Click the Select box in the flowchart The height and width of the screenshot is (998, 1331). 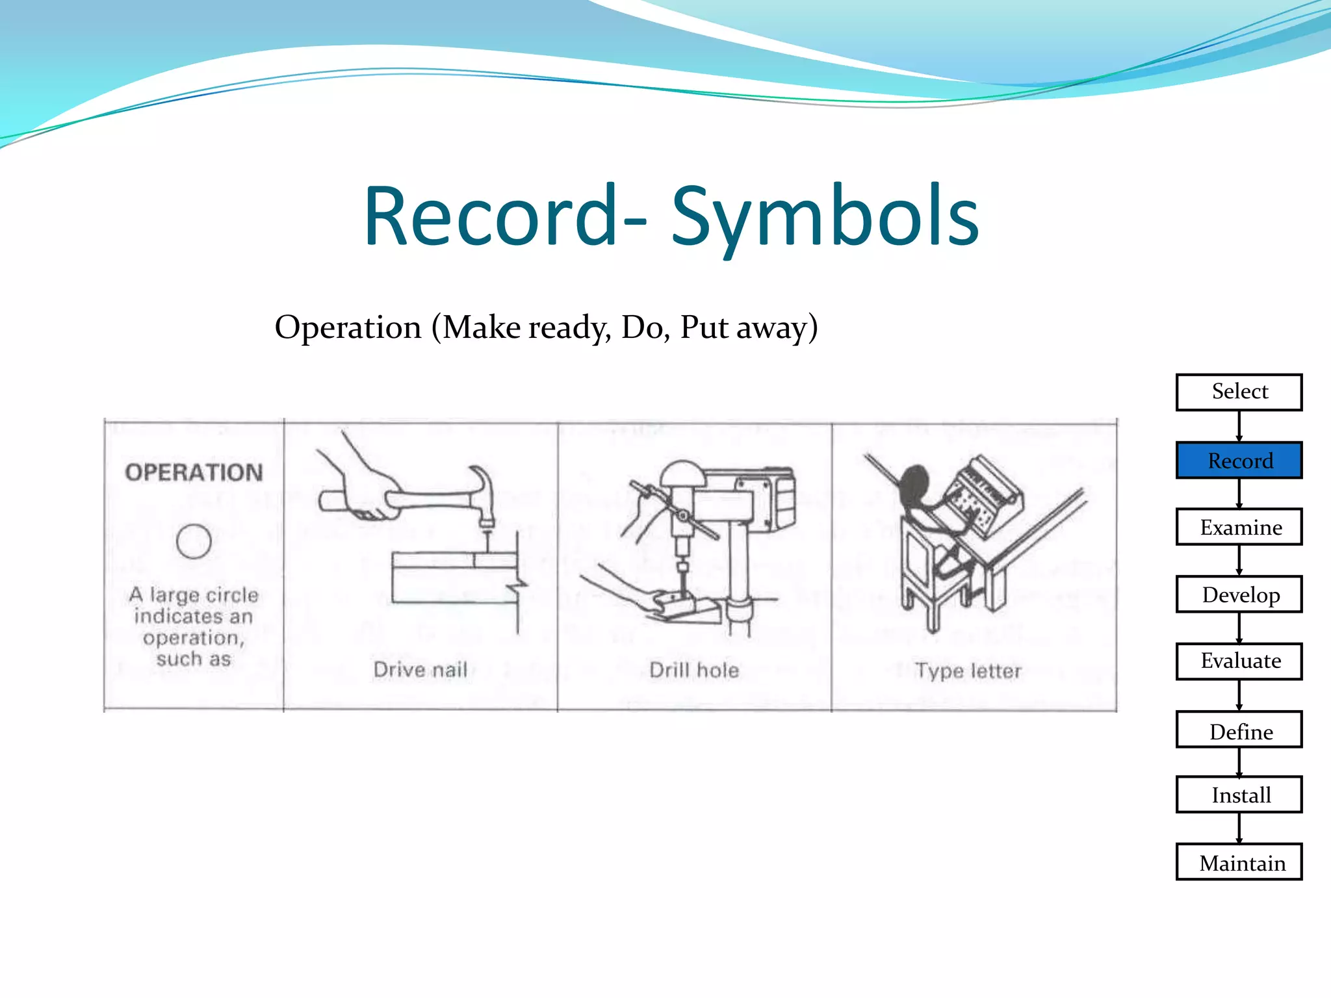(x=1239, y=392)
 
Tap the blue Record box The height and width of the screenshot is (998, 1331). (x=1239, y=460)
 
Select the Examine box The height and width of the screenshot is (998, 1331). (x=1239, y=527)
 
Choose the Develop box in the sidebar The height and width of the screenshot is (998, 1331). (x=1239, y=595)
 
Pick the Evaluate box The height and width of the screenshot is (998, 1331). (x=1239, y=661)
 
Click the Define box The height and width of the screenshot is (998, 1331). (x=1239, y=730)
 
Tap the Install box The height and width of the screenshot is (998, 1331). (x=1239, y=795)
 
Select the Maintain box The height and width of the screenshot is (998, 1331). (x=1239, y=862)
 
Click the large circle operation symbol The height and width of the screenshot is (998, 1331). (x=194, y=541)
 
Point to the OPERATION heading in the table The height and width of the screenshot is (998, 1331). (x=194, y=472)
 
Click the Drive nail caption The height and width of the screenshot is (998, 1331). (x=420, y=669)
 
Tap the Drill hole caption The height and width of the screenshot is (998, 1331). (x=694, y=670)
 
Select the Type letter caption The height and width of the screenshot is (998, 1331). (x=968, y=671)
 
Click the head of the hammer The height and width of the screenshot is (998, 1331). (x=482, y=494)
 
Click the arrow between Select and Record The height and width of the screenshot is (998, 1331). (x=1239, y=426)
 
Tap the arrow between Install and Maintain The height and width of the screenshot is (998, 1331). (x=1239, y=828)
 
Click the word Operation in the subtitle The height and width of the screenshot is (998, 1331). (x=348, y=327)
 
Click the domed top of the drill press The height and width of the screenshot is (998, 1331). (x=682, y=473)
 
